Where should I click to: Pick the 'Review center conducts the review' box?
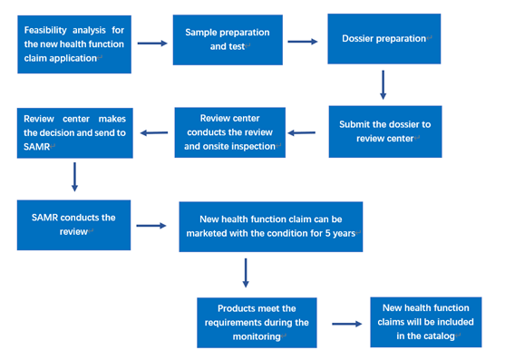point(229,131)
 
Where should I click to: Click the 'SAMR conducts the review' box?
point(73,224)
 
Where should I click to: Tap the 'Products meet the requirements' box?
point(257,322)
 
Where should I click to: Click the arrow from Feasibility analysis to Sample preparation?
point(151,44)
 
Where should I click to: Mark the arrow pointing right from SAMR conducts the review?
point(151,227)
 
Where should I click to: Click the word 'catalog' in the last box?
point(438,334)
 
